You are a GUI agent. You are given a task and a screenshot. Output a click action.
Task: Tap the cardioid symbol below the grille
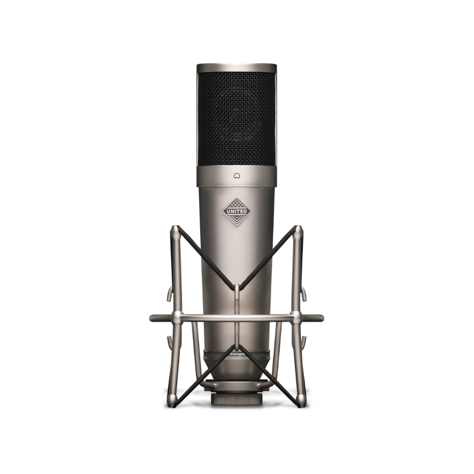point(237,175)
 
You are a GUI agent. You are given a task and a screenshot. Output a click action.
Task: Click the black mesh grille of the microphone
point(237,118)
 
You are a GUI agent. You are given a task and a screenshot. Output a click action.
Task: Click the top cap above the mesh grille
point(237,68)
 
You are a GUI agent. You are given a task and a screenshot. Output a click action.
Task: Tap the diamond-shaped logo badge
point(237,211)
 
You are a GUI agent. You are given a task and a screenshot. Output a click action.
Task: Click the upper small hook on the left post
point(169,294)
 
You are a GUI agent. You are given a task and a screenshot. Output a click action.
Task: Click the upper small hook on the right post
point(304,294)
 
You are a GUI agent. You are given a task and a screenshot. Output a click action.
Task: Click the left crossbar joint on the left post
point(176,318)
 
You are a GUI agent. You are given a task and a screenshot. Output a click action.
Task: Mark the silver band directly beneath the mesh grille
point(237,176)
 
